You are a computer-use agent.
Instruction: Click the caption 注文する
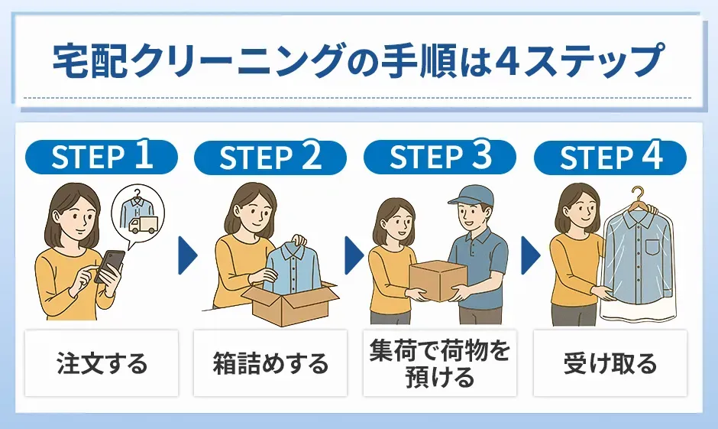[102, 363]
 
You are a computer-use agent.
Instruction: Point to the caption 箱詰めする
[270, 363]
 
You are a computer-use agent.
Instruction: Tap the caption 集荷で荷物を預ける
[440, 363]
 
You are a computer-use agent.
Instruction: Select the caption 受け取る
[610, 363]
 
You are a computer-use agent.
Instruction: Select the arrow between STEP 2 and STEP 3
[354, 255]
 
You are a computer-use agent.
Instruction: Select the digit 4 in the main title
[506, 61]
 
